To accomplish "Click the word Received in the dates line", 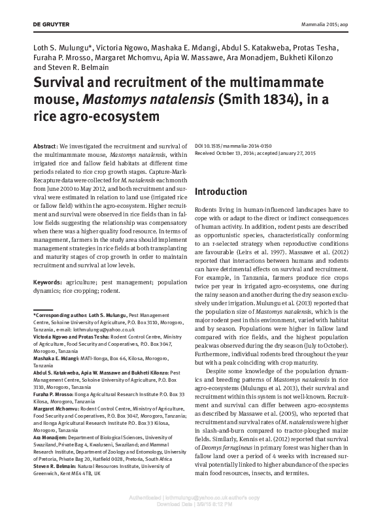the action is point(208,149).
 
